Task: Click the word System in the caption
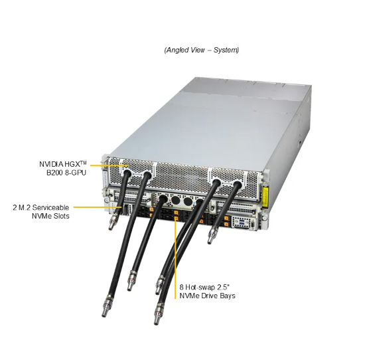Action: pos(226,50)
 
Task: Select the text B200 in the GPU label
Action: pos(55,173)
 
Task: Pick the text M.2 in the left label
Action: pos(24,207)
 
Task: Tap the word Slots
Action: pos(62,216)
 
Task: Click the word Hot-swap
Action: pos(199,287)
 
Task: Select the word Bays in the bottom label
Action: pos(228,296)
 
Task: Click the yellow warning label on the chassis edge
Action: pos(265,197)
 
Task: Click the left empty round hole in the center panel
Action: pos(175,201)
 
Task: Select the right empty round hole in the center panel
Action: pos(188,201)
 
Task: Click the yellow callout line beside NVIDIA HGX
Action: pos(109,165)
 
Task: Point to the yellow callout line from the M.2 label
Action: pos(97,207)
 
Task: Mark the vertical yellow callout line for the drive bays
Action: pos(175,258)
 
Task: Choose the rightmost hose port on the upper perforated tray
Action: pos(238,184)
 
